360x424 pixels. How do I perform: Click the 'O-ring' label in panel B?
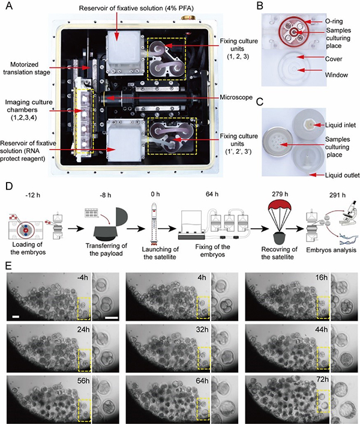tap(334, 20)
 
